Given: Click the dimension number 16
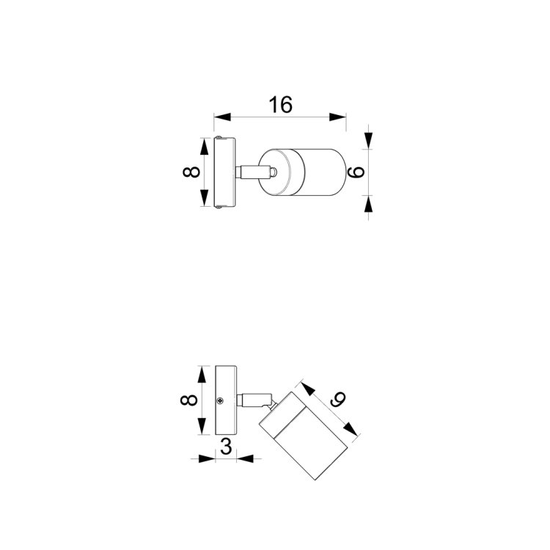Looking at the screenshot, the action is pos(281,105).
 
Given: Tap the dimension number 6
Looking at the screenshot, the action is pos(356,172).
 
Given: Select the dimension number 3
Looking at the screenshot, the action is pos(226,447).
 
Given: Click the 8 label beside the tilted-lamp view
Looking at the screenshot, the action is pos(189,400).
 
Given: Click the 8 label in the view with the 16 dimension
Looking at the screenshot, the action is pos(191,172).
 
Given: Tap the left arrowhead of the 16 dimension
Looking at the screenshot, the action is pos(222,117).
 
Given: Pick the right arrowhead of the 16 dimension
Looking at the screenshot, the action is pos(338,117).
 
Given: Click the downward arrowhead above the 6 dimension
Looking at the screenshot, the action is pos(368,141).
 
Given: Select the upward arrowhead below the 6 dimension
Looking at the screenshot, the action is pos(368,203).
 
